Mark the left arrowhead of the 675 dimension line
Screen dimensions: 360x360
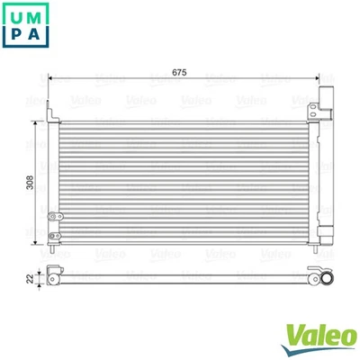tap(53, 78)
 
